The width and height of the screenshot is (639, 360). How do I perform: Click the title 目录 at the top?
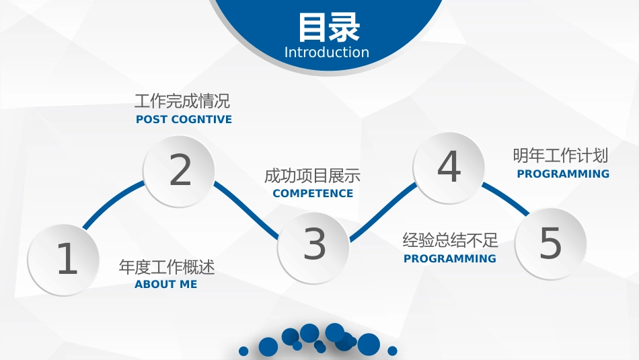(330, 27)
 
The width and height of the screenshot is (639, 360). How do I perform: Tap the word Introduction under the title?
(327, 52)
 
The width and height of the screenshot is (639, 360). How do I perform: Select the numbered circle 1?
(64, 260)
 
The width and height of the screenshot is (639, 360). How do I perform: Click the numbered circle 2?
(179, 171)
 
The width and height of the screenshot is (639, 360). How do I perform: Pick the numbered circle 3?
(313, 247)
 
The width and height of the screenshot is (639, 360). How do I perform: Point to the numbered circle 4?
(449, 167)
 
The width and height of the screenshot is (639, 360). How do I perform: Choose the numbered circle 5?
(551, 244)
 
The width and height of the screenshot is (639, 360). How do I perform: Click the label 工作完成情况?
(182, 101)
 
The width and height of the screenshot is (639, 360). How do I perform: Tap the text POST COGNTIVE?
(184, 120)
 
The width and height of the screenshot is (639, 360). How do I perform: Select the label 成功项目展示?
(312, 176)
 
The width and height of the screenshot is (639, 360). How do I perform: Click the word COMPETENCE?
(313, 193)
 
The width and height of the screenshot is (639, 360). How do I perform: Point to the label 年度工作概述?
(167, 267)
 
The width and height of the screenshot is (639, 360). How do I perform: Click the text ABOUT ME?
(166, 284)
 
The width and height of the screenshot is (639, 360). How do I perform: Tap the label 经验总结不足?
(450, 240)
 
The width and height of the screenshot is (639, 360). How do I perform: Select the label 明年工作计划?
(560, 155)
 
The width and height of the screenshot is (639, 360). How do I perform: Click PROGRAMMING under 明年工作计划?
(563, 174)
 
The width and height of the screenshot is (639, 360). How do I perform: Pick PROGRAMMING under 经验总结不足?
(450, 258)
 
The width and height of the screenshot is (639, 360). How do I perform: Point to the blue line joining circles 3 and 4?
(383, 212)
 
